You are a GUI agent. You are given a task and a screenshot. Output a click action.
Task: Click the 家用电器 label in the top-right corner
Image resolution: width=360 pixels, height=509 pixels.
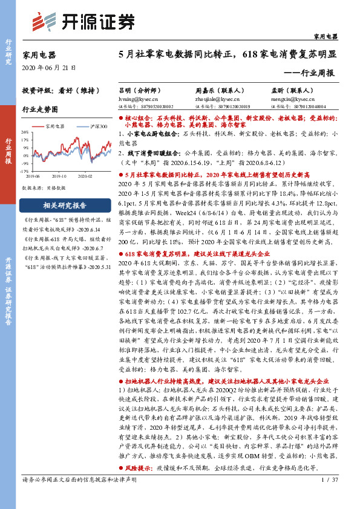(x=326, y=37)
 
